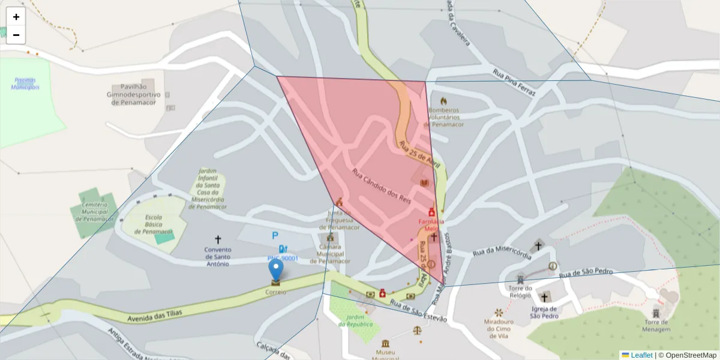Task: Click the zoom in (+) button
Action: (x=16, y=17)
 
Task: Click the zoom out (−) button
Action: (x=16, y=35)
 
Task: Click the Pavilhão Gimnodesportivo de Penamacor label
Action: (x=133, y=95)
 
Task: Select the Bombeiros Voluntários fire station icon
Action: (x=443, y=101)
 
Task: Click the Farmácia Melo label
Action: (x=431, y=224)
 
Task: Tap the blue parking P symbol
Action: (x=275, y=236)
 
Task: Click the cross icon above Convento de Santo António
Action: (x=217, y=239)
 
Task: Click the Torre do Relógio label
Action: (x=520, y=292)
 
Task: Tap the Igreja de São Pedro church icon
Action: (x=544, y=297)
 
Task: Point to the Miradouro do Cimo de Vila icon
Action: (x=499, y=313)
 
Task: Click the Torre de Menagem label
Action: (x=656, y=325)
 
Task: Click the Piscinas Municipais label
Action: (x=25, y=83)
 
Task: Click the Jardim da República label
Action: (x=355, y=320)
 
